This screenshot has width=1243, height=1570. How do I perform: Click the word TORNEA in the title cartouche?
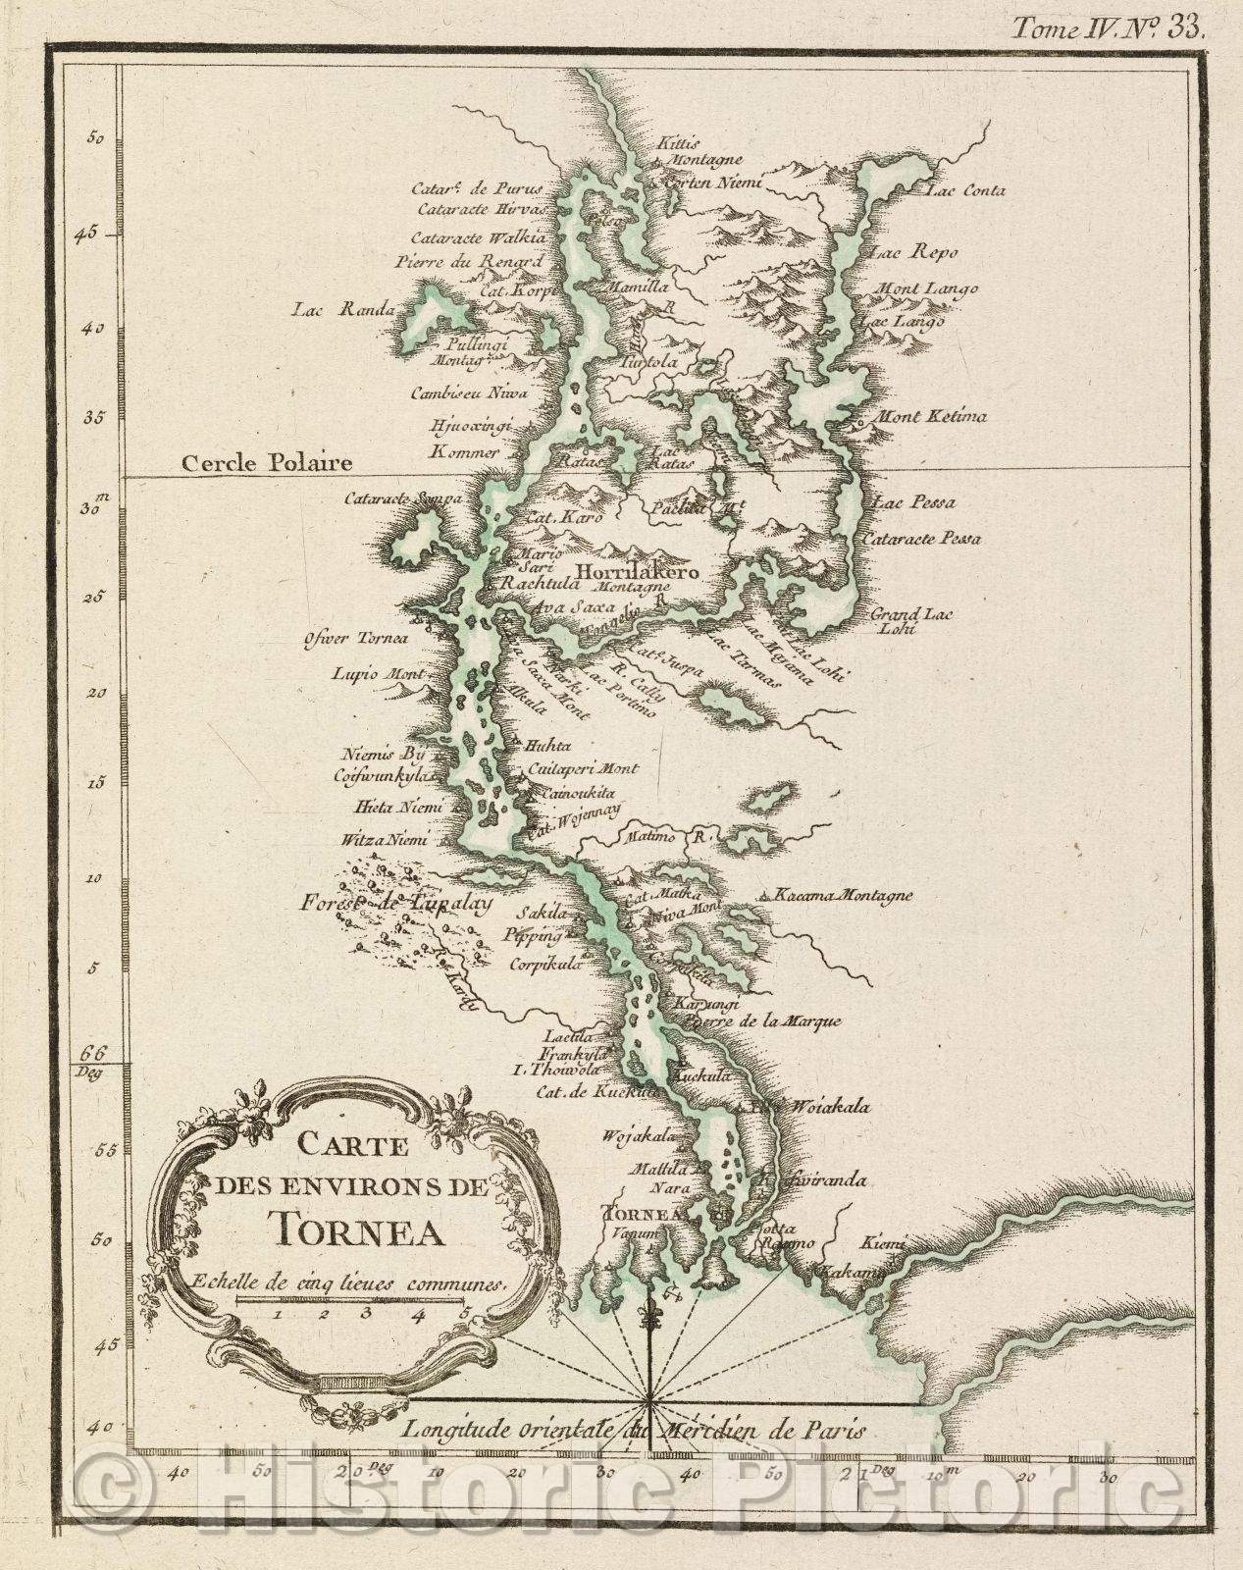(x=356, y=1229)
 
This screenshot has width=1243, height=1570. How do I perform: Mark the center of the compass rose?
(x=650, y=1391)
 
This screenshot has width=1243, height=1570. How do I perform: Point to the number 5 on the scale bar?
(x=465, y=1312)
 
